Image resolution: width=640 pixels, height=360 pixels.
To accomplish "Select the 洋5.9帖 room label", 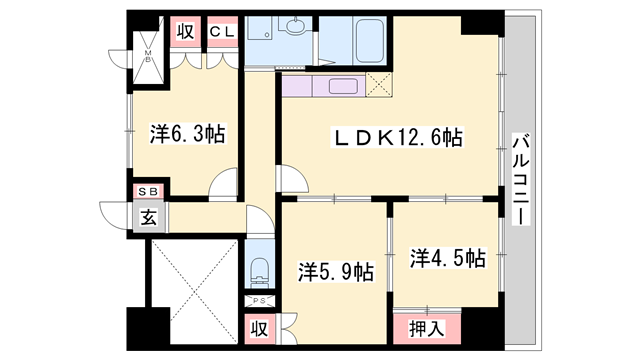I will (x=337, y=271).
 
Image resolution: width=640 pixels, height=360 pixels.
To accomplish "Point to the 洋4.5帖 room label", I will (x=447, y=259).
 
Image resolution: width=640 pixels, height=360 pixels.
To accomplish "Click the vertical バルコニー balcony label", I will (x=520, y=178).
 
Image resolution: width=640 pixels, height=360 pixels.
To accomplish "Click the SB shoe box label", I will (x=147, y=190).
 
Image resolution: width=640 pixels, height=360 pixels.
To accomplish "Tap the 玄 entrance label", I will (x=148, y=215).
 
